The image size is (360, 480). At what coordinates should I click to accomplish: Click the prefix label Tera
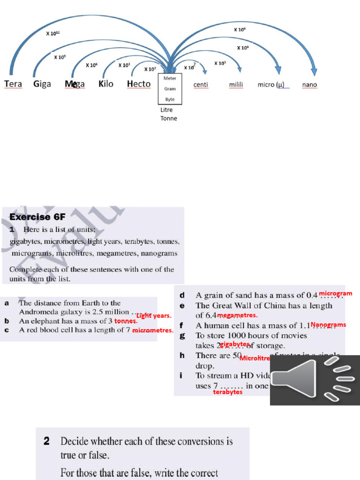tap(13, 84)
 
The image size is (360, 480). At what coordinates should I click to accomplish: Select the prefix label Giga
tap(42, 84)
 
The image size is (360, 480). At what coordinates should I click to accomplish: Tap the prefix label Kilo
tap(106, 84)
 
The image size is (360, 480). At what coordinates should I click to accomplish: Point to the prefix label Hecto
tap(139, 84)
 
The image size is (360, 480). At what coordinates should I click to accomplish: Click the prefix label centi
tap(201, 85)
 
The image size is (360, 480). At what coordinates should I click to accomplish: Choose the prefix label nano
tap(309, 85)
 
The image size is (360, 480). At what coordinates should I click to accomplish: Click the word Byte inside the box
tap(170, 99)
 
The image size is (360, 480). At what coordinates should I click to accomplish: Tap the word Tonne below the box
tap(169, 119)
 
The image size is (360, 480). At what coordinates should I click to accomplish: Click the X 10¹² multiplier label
tap(52, 33)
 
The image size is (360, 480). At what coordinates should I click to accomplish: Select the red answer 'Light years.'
tap(154, 316)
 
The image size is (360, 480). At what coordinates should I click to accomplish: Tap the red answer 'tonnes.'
tap(126, 322)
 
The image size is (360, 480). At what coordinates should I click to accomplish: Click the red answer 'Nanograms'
tap(328, 324)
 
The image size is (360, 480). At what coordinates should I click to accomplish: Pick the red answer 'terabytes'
tap(228, 392)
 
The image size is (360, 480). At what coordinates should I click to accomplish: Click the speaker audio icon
tap(315, 380)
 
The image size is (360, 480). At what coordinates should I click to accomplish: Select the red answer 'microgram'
tap(336, 293)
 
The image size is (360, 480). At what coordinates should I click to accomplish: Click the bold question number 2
tap(47, 442)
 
